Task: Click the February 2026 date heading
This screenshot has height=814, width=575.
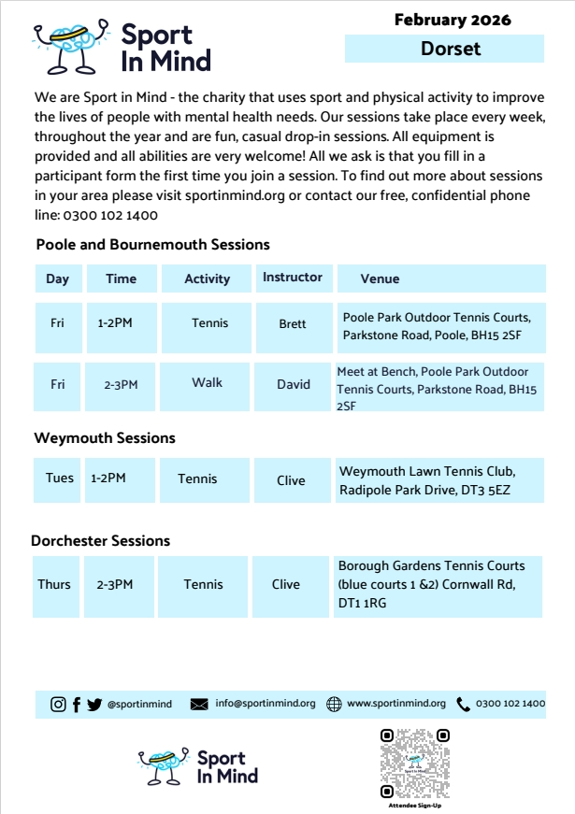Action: [x=453, y=20]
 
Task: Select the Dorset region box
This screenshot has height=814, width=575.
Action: [x=445, y=49]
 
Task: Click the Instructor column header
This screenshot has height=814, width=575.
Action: [x=293, y=278]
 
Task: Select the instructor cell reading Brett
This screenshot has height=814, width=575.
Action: [x=293, y=324]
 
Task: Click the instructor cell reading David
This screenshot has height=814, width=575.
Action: [x=293, y=384]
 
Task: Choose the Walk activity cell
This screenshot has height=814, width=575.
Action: [x=207, y=383]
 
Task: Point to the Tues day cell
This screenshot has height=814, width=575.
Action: [x=59, y=478]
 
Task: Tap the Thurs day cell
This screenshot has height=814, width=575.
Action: [x=54, y=585]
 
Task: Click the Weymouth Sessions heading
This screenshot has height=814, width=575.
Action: [x=105, y=437]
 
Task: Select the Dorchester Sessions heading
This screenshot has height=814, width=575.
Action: [x=101, y=541]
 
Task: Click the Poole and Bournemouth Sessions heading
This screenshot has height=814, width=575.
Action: [x=152, y=245]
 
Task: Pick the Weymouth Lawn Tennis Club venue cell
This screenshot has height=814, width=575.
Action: [x=439, y=480]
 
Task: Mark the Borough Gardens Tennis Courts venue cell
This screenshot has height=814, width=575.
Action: [x=439, y=585]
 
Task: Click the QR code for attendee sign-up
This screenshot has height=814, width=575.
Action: [x=415, y=764]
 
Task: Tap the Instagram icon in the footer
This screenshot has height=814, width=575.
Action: [x=58, y=705]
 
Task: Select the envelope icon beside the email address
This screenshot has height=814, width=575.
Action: [x=199, y=705]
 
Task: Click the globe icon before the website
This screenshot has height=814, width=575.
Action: [x=334, y=705]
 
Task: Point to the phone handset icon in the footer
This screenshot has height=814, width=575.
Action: [x=464, y=705]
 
